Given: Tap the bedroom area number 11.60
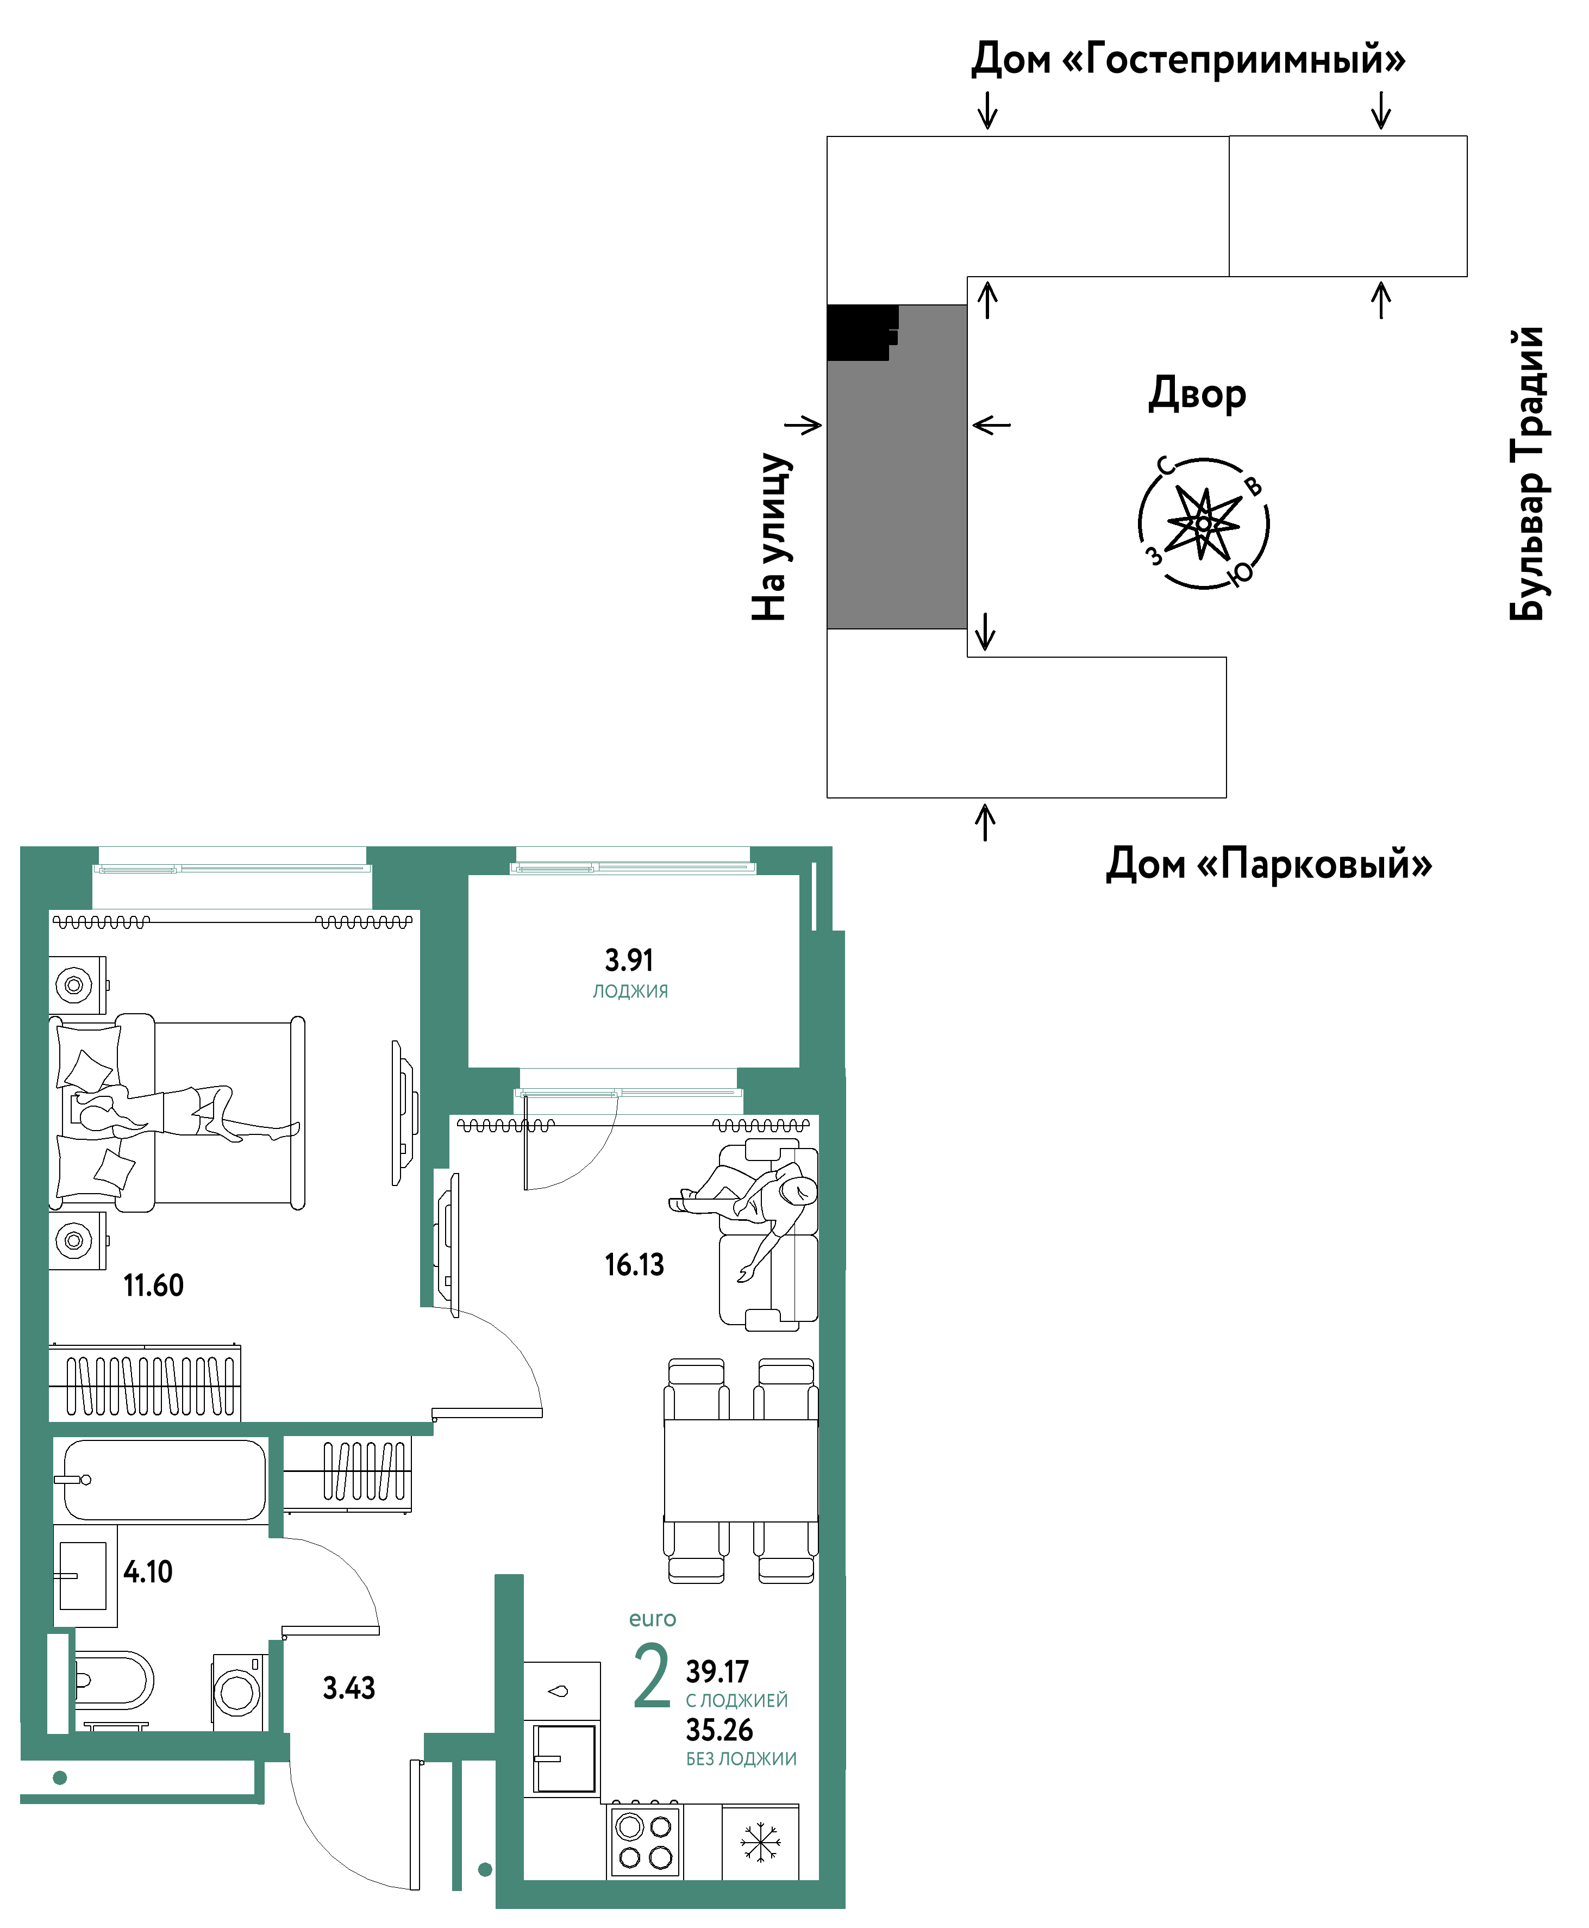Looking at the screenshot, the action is (154, 1286).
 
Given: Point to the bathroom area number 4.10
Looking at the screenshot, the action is (148, 1572).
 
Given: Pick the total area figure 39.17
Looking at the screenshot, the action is (718, 1671).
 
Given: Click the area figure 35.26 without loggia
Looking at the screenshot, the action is (720, 1730).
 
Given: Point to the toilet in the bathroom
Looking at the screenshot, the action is (112, 1681).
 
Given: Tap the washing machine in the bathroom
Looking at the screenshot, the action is (238, 1692).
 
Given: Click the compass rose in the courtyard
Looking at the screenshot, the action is (1204, 523).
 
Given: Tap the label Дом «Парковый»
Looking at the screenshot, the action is (1268, 863).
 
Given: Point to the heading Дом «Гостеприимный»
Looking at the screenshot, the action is (1188, 59).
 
